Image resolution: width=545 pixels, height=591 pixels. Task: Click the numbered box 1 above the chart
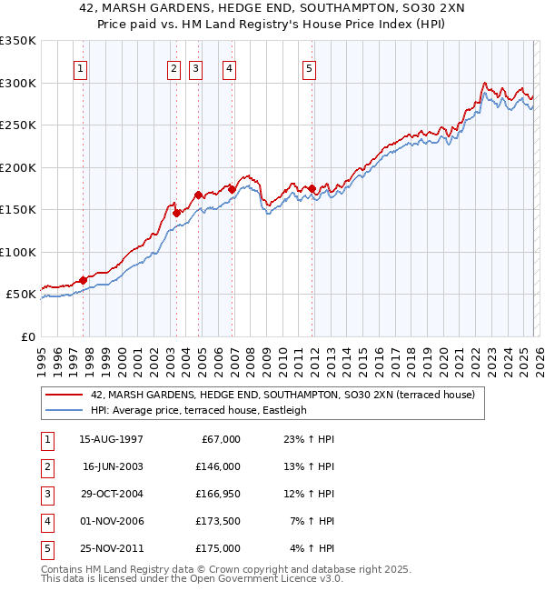pos(82,68)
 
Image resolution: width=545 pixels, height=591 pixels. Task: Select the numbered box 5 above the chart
pos(310,68)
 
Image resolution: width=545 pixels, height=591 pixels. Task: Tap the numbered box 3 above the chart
pos(196,68)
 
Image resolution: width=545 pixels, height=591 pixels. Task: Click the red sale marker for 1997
pos(83,280)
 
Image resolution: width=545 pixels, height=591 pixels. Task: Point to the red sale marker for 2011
pos(312,189)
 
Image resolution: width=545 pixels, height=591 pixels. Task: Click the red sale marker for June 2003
pos(176,214)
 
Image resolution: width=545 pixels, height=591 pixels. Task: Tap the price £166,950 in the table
pos(217,494)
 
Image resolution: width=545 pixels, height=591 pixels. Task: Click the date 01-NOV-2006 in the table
pos(113,521)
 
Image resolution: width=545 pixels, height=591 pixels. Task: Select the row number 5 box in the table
pos(45,548)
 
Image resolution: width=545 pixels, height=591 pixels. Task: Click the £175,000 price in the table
pos(217,548)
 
